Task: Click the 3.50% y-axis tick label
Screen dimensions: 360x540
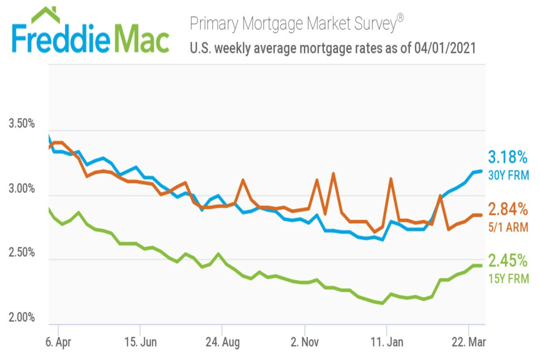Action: click(x=22, y=123)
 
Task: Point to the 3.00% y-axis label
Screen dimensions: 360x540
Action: click(x=22, y=189)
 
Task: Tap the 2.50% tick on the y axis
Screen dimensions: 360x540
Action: click(x=22, y=252)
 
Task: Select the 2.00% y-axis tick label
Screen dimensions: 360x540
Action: click(x=22, y=317)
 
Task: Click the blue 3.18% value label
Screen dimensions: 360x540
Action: click(x=507, y=157)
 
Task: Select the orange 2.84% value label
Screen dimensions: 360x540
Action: click(x=507, y=209)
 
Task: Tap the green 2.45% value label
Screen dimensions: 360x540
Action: click(x=507, y=259)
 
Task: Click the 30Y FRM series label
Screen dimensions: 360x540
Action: click(x=508, y=176)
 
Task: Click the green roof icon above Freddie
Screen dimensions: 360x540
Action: click(x=46, y=14)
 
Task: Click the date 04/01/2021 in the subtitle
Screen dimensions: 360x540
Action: click(x=446, y=48)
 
